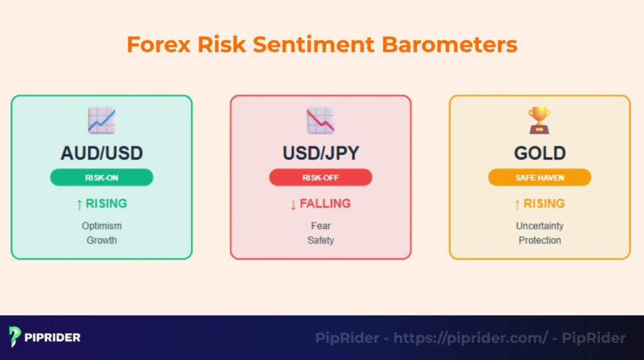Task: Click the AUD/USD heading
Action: (101, 153)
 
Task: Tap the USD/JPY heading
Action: (320, 153)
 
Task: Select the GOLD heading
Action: (540, 153)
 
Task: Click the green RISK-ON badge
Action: (101, 177)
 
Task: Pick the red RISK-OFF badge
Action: (320, 177)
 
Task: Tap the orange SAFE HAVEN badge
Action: (540, 177)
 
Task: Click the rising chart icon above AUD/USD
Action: (101, 120)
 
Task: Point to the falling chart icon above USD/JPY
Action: (320, 120)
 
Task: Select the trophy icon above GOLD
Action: (540, 120)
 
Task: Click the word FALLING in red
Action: (325, 204)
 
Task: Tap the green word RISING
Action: (106, 204)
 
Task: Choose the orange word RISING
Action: (544, 204)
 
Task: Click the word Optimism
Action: (101, 226)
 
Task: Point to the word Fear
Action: (320, 226)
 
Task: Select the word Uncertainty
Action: (540, 226)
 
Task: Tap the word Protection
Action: (540, 240)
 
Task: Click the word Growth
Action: (101, 240)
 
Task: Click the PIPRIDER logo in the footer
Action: (45, 337)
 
